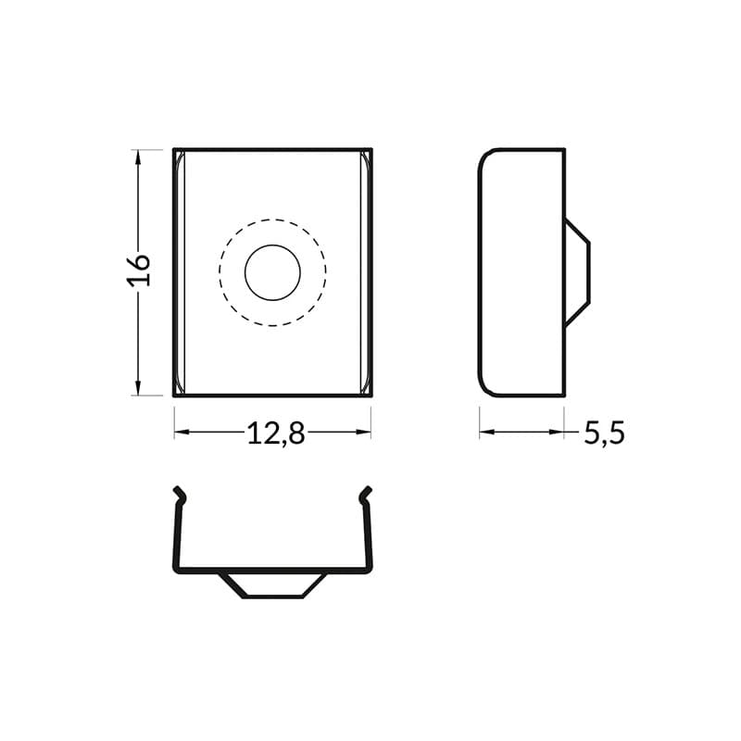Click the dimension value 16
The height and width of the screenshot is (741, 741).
click(x=138, y=269)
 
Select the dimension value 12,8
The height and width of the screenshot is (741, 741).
click(x=275, y=433)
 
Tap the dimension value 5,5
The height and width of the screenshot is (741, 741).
click(x=604, y=433)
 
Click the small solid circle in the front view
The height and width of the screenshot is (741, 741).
click(x=272, y=272)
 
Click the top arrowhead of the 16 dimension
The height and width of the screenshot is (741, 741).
click(x=138, y=158)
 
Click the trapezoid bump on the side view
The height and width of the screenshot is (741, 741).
click(x=576, y=272)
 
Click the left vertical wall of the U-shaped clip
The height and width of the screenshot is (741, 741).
click(x=176, y=537)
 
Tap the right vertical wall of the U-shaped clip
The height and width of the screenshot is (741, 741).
click(x=370, y=537)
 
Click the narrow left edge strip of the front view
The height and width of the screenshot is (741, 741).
click(x=180, y=272)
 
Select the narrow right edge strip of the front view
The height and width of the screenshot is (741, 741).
click(x=366, y=272)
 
